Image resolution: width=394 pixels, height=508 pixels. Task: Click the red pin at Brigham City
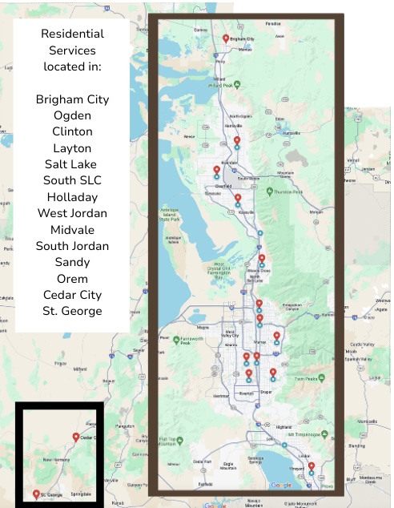(x=226, y=38)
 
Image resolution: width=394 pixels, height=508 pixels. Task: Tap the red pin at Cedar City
(x=76, y=437)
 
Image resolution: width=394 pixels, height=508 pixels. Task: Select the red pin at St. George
(x=36, y=494)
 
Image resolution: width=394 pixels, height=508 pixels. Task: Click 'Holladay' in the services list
(x=72, y=196)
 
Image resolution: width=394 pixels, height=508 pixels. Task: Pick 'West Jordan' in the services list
(x=72, y=212)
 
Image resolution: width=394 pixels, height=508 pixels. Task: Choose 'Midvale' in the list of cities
(x=72, y=229)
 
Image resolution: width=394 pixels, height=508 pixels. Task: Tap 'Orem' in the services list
(x=72, y=278)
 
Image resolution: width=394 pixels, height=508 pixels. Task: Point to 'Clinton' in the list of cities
(x=72, y=131)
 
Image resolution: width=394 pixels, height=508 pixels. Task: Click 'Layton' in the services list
(x=72, y=147)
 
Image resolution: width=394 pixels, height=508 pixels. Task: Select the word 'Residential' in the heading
(x=72, y=34)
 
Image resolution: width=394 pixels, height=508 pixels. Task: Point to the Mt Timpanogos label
(x=306, y=433)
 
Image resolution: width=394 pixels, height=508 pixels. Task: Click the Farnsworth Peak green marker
(x=176, y=340)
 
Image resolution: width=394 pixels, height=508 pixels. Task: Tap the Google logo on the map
(x=281, y=485)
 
